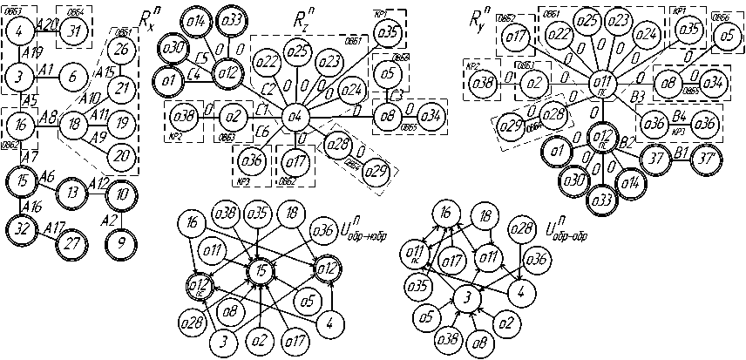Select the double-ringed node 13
(x=74, y=192)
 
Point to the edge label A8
(x=49, y=114)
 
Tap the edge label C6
(x=262, y=129)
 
